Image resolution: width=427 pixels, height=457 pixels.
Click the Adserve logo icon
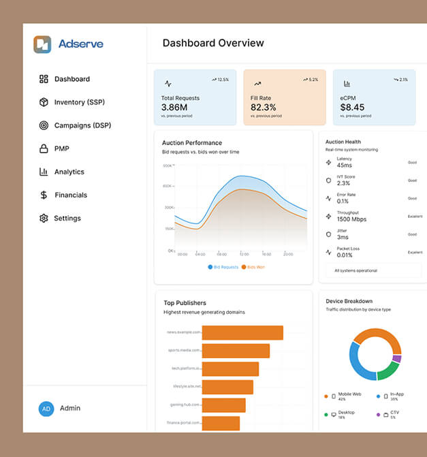tap(42, 44)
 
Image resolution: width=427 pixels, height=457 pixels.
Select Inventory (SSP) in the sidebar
tap(79, 102)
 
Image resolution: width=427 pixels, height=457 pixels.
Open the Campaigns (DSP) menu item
tap(82, 125)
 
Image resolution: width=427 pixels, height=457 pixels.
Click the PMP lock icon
tap(44, 148)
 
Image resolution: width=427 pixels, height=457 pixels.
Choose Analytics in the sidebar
tap(69, 172)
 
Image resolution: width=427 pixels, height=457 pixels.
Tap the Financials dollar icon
tap(44, 195)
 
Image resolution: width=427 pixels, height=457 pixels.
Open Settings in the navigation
tap(67, 218)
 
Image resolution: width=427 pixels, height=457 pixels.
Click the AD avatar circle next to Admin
tap(46, 409)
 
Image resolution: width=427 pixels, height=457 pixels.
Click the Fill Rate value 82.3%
tap(264, 108)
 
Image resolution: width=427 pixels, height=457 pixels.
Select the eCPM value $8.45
tap(352, 108)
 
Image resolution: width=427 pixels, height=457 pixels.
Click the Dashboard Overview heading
tap(213, 43)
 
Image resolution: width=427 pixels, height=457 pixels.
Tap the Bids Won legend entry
tap(253, 267)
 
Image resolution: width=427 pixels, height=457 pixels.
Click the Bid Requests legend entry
tap(223, 267)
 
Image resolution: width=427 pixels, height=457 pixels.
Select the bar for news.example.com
tap(242, 332)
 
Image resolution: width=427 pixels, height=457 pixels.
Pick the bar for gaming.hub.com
tap(223, 405)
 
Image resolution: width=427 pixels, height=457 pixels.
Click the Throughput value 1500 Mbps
tap(351, 219)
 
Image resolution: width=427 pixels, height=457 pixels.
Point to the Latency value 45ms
tap(345, 166)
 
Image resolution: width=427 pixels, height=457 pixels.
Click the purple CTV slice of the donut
tap(397, 358)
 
